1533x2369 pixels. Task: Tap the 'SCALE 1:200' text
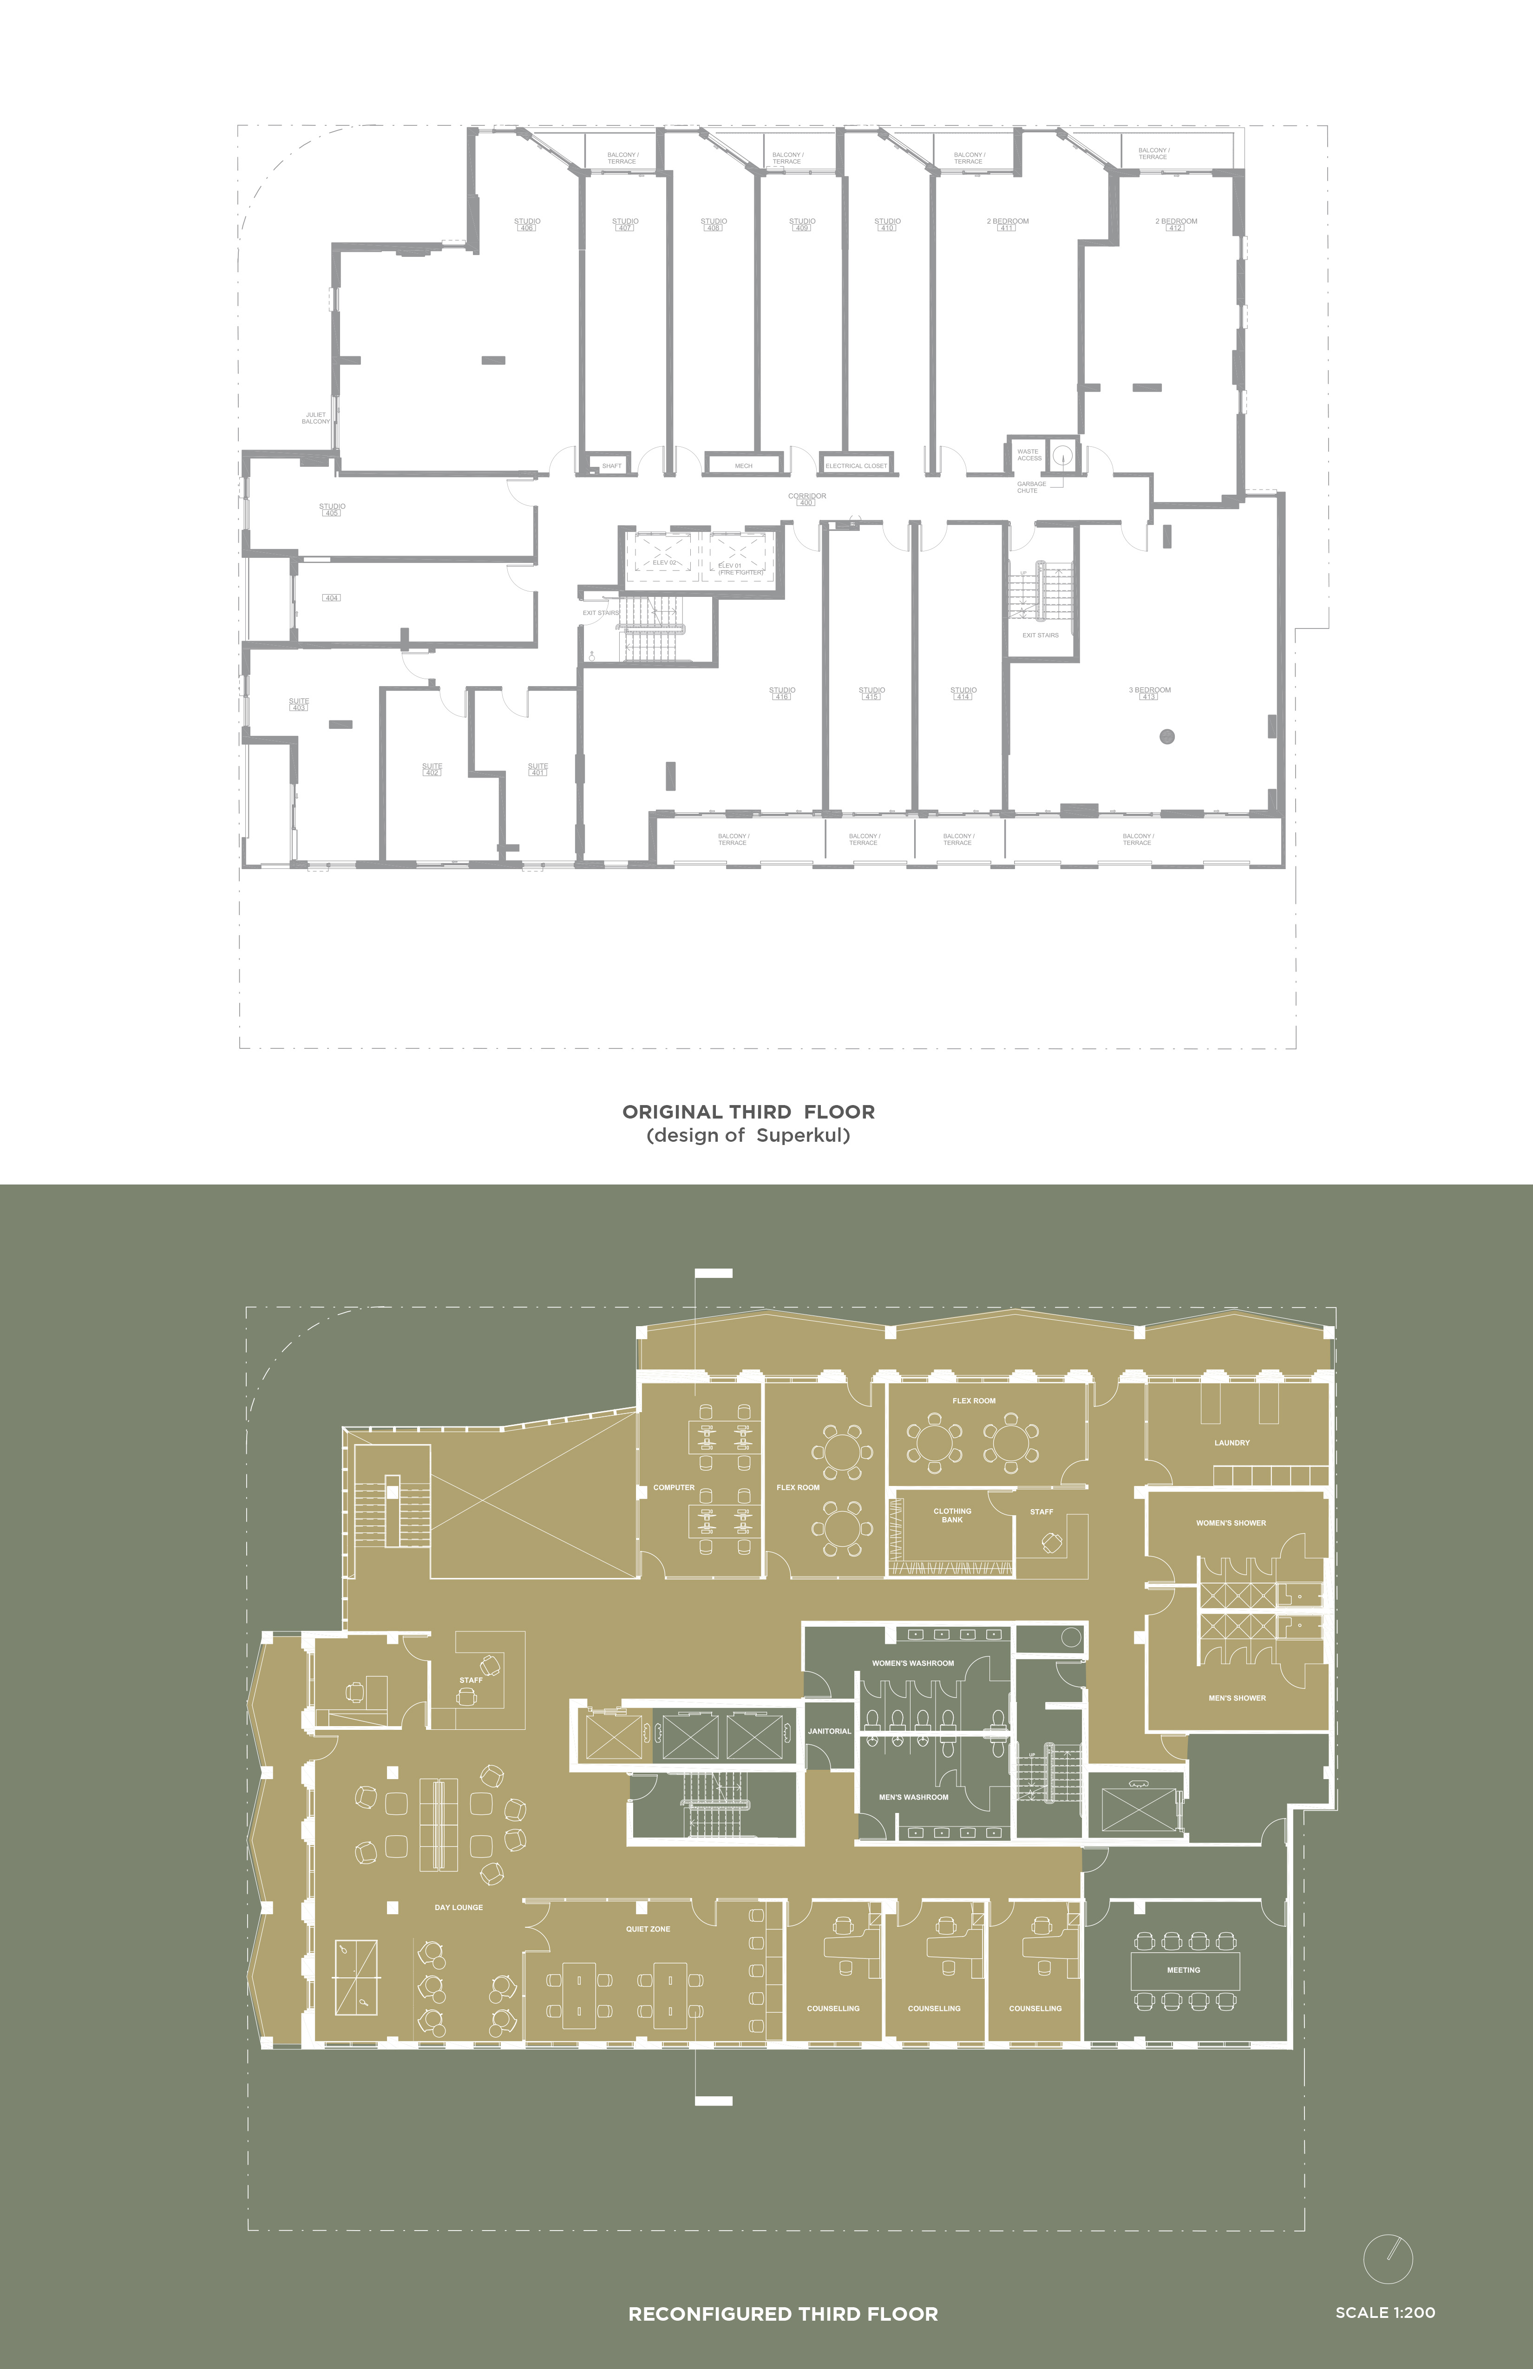tap(1385, 2312)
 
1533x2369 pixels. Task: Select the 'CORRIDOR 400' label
tap(806, 499)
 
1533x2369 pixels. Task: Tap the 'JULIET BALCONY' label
tap(315, 418)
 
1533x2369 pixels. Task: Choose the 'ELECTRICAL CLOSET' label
tap(856, 466)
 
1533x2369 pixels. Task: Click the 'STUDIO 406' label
tap(527, 224)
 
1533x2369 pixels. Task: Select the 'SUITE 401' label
tap(537, 769)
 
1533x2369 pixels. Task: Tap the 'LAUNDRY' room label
tap(1232, 1442)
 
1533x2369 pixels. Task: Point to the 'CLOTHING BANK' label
tap(952, 1515)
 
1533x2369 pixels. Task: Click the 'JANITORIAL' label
tap(829, 1731)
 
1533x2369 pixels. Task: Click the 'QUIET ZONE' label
tap(648, 1929)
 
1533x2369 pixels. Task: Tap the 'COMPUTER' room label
tap(674, 1487)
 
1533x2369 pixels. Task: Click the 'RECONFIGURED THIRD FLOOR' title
tap(782, 2314)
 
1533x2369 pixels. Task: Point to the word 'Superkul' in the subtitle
tap(802, 1136)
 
